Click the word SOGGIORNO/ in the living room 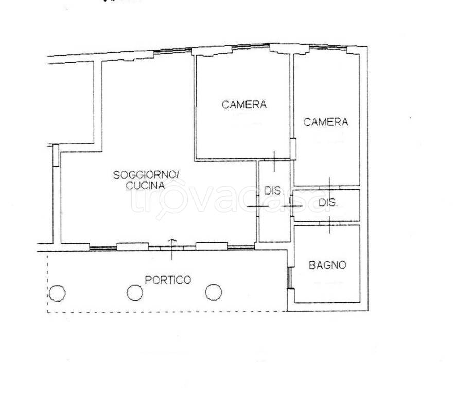click(146, 175)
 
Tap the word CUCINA click(146, 185)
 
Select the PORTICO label click(168, 280)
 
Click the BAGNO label click(327, 265)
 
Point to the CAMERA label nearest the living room click(244, 104)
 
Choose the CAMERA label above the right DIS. click(325, 122)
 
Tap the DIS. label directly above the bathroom click(328, 202)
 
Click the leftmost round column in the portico click(57, 292)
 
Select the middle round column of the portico click(135, 292)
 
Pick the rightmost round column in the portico click(214, 292)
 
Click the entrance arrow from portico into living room click(172, 249)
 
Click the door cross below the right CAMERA click(329, 186)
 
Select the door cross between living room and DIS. click(258, 206)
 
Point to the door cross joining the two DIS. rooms click(292, 206)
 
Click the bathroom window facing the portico click(289, 278)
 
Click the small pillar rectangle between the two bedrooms click(293, 149)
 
